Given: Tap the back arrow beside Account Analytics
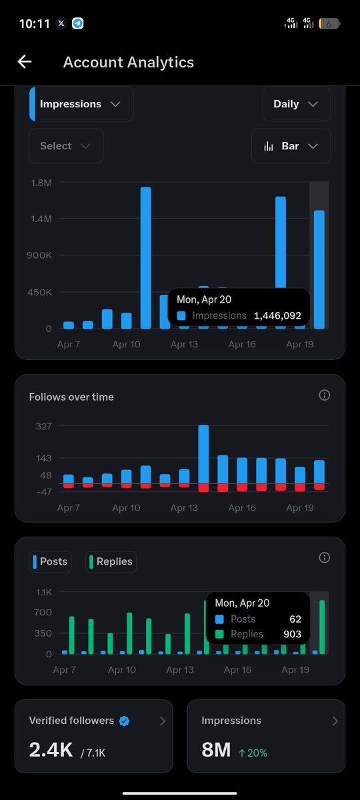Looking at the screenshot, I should click(x=25, y=62).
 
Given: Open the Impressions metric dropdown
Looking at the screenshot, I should click(x=81, y=104).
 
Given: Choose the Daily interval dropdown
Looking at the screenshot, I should click(x=296, y=104).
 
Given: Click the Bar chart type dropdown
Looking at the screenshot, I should click(x=291, y=146).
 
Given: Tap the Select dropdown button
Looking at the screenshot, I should click(x=65, y=146).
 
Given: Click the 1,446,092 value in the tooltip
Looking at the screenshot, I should click(x=277, y=316).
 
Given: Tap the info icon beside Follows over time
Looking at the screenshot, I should click(x=325, y=395).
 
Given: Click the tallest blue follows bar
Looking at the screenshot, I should click(x=203, y=453).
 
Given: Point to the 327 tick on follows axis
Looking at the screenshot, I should click(x=43, y=426).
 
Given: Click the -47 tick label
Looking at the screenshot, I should click(x=43, y=492).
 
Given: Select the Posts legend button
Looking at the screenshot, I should click(x=51, y=561).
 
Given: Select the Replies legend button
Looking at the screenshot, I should click(x=111, y=561).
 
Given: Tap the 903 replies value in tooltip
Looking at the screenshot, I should click(x=291, y=634).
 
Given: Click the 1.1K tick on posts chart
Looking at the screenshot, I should click(x=43, y=592).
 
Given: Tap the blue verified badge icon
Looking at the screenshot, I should click(x=124, y=721).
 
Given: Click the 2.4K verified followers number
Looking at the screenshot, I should click(x=51, y=750).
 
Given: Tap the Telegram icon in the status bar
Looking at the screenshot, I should click(x=78, y=23).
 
